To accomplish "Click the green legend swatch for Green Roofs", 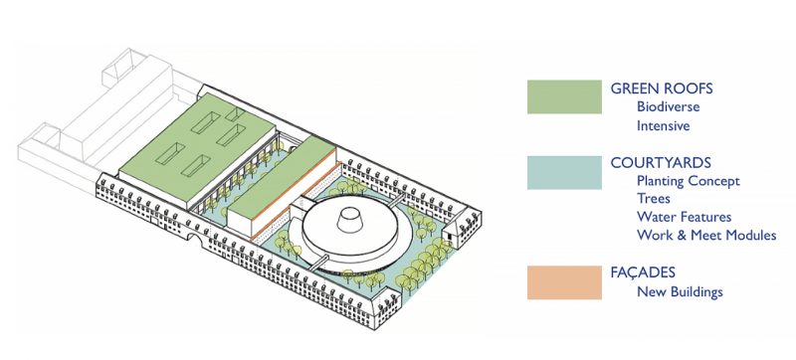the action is pyautogui.click(x=564, y=96).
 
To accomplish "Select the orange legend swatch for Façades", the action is pyautogui.click(x=564, y=281).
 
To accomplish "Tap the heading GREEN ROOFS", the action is pyautogui.click(x=662, y=89).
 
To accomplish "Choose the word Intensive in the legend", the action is pyautogui.click(x=664, y=126).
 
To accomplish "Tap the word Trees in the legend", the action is pyautogui.click(x=654, y=199).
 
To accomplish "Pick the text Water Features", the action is pyautogui.click(x=685, y=217).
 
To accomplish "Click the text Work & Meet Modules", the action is pyautogui.click(x=706, y=236).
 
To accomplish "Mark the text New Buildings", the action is pyautogui.click(x=681, y=291).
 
